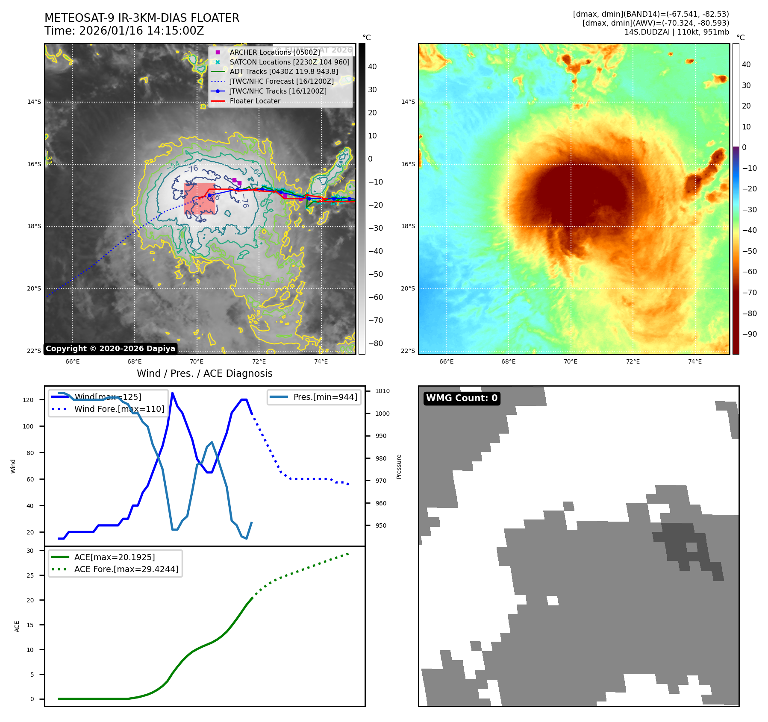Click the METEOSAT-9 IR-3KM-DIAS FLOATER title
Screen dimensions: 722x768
point(142,18)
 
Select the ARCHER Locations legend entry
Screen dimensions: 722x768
point(274,52)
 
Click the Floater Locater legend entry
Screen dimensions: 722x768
point(255,101)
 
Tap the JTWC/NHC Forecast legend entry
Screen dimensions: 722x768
point(282,81)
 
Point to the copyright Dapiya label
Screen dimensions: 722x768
point(110,349)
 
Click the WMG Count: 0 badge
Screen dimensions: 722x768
point(462,398)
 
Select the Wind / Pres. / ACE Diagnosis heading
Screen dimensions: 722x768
point(204,373)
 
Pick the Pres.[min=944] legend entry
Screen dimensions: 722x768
point(325,397)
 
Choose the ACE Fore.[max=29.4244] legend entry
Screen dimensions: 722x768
point(126,569)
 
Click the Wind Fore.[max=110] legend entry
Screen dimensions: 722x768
point(119,409)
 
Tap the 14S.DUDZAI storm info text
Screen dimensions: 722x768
point(677,32)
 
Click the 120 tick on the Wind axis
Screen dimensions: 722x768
point(28,400)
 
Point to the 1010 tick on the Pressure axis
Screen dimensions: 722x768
point(383,391)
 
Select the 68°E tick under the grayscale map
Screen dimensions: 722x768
point(134,361)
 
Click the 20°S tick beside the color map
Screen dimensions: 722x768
point(408,288)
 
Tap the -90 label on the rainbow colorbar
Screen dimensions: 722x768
point(749,334)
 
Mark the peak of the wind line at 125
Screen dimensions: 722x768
point(172,393)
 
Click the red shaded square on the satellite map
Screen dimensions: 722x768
point(200,199)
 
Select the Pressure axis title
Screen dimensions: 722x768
point(399,467)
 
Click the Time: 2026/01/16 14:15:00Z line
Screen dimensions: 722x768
point(124,31)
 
